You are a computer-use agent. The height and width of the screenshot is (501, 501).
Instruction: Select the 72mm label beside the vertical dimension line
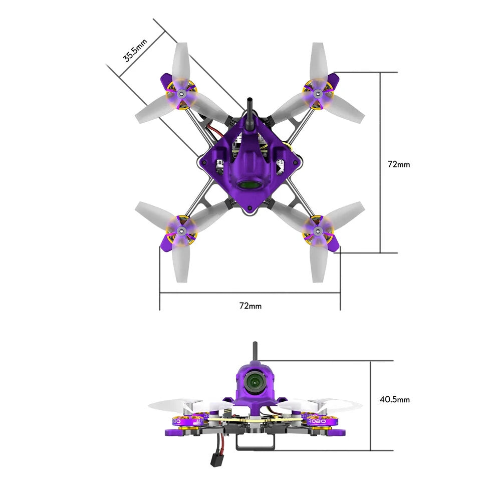(399, 164)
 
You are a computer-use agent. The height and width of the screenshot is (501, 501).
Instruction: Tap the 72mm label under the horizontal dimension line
(250, 306)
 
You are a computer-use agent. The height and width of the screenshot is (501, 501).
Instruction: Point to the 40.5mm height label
(394, 399)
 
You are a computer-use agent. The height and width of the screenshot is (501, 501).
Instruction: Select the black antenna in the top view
(249, 108)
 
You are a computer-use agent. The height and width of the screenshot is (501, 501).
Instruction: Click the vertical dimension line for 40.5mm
(370, 406)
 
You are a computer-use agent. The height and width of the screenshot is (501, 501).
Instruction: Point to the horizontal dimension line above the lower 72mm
(250, 293)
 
